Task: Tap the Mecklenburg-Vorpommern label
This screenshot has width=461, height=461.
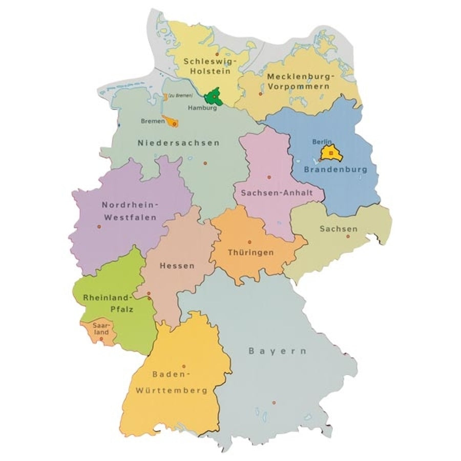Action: coord(298,81)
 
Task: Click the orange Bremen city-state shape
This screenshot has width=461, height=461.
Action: coord(171,121)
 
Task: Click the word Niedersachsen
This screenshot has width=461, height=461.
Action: coord(179,143)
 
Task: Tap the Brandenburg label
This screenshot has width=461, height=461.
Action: coord(336,169)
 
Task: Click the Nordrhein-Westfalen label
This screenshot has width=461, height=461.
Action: coord(130,211)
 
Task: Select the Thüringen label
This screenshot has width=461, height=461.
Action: coord(251,253)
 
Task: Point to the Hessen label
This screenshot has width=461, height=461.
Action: coord(177,266)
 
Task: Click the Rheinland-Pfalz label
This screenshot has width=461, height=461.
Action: coord(109,303)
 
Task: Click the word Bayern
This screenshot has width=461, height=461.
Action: coord(278,351)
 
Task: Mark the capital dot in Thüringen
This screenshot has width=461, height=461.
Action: coord(250,242)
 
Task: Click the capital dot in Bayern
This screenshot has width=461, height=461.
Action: coord(274,403)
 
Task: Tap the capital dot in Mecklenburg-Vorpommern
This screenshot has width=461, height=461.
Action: coord(260,94)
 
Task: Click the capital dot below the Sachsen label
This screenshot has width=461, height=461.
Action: coord(348,236)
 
